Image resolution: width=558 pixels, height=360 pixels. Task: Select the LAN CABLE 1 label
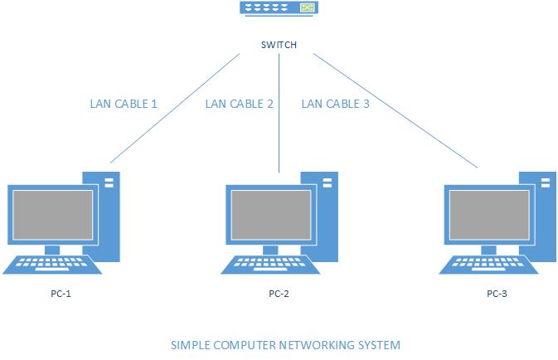pos(124,105)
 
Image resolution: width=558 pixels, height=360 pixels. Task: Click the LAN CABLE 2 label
pos(239,105)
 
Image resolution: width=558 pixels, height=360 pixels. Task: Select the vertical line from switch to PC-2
pos(279,133)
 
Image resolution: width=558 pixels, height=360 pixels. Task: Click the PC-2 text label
pos(279,294)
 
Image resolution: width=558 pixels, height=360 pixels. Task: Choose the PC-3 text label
pos(497,294)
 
